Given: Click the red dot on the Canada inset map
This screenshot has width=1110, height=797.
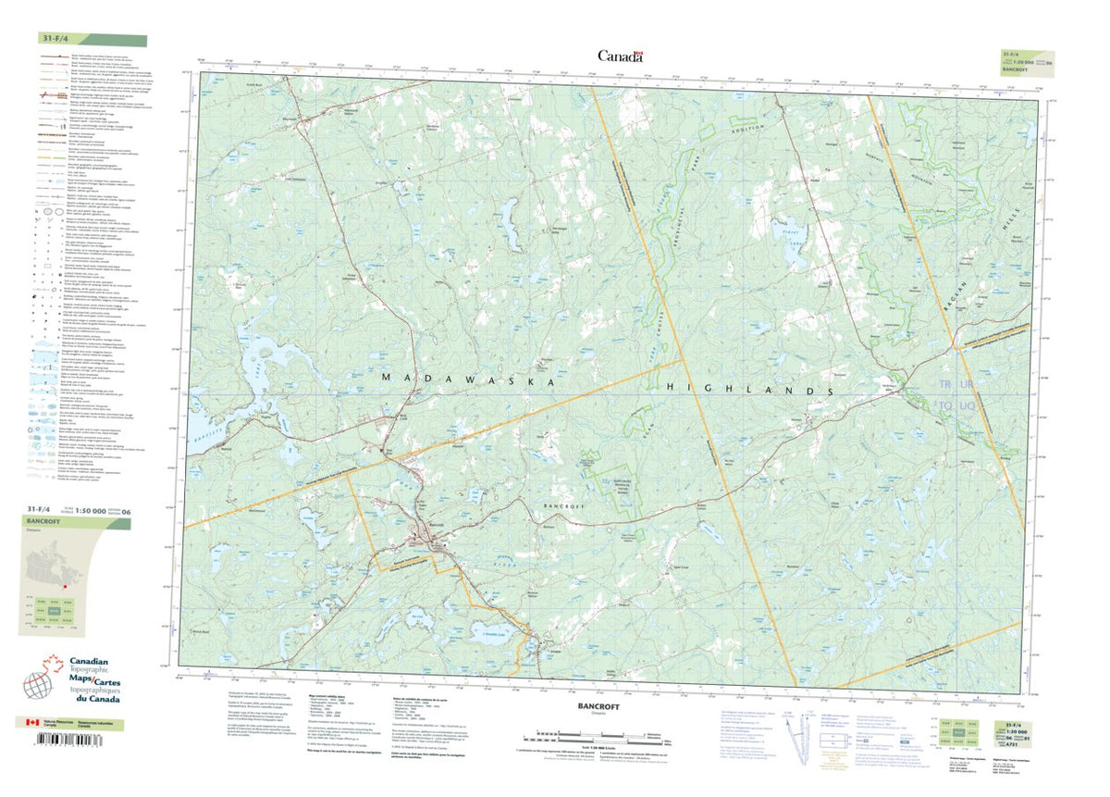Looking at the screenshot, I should point(67,584).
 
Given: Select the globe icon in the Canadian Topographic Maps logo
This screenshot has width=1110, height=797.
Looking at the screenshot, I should point(36,686).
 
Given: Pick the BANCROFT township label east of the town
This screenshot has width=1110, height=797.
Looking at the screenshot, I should point(565,507).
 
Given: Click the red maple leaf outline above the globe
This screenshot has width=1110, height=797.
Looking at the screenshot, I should point(54,664).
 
